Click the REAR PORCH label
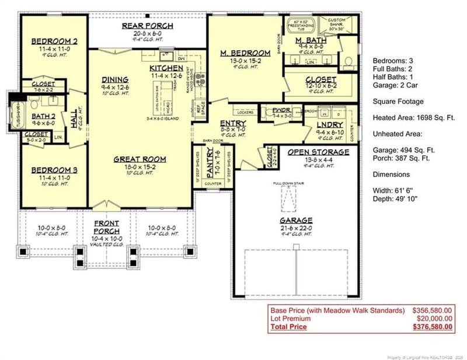pyautogui.click(x=147, y=26)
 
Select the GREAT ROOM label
pyautogui.click(x=140, y=159)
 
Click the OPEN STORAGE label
pyautogui.click(x=318, y=152)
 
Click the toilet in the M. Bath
pyautogui.click(x=349, y=60)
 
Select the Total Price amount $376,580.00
pyautogui.click(x=432, y=327)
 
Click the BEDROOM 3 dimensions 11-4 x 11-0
pyautogui.click(x=54, y=177)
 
